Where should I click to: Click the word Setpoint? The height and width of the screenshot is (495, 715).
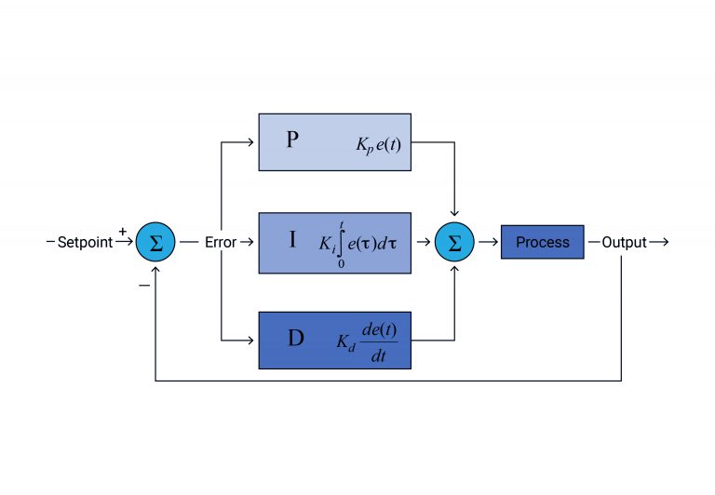click(85, 243)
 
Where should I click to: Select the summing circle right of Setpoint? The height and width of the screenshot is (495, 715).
click(155, 243)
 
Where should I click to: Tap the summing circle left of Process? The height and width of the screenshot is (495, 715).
click(454, 243)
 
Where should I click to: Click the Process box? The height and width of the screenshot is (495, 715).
click(542, 242)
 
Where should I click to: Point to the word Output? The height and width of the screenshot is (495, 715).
click(624, 243)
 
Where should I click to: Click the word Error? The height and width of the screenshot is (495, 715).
click(221, 243)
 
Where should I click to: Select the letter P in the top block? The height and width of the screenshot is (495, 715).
click(292, 140)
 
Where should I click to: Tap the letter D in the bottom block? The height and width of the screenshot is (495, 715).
click(295, 339)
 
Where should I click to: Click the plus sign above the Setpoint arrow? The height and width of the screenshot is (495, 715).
click(123, 231)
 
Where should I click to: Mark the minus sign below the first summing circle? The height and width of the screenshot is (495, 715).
click(143, 285)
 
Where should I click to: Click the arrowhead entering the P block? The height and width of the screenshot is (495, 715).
click(252, 142)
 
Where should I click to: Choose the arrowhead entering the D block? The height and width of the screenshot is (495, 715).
click(252, 341)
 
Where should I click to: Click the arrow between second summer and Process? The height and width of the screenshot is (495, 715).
click(487, 243)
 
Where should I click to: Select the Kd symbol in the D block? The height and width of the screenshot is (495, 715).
click(345, 341)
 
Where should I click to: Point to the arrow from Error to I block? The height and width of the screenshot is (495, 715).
click(248, 243)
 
